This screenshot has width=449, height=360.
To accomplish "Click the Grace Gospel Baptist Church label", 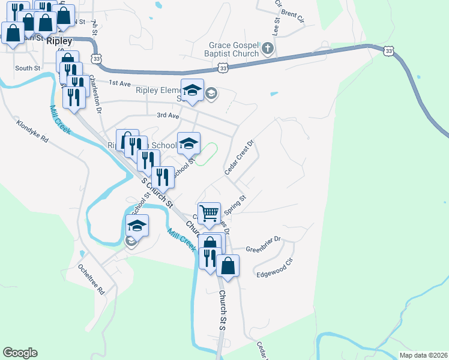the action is (234, 49).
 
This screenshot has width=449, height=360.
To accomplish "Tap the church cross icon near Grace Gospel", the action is (268, 49).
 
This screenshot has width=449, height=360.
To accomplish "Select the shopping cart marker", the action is (208, 213).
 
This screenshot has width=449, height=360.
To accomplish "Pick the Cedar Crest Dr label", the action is (240, 158).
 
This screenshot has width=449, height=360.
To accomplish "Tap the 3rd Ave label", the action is (167, 115).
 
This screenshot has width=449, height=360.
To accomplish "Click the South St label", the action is (28, 68).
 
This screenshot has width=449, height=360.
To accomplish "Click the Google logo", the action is (20, 353).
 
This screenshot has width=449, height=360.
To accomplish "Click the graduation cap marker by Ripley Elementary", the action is (192, 91).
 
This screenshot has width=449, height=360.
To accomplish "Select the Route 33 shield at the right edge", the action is (390, 52).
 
